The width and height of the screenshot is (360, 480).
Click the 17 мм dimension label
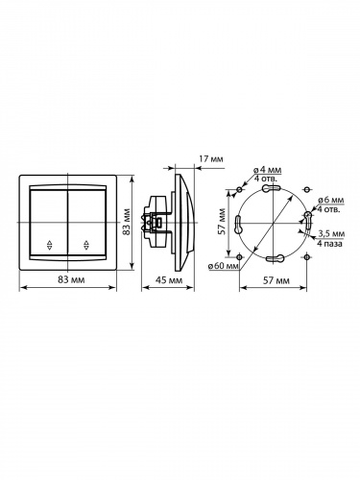point(211,159)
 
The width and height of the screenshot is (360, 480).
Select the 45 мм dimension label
point(168,280)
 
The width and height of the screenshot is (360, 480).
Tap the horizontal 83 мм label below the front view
point(71,279)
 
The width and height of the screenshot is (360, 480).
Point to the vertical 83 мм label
point(127,222)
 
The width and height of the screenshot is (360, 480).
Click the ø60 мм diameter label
point(223,266)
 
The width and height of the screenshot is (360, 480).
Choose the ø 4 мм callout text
point(268,170)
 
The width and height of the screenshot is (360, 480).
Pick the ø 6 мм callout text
point(330,200)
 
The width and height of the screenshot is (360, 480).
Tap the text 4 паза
point(329,244)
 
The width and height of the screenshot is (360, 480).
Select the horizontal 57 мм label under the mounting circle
point(276,280)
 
